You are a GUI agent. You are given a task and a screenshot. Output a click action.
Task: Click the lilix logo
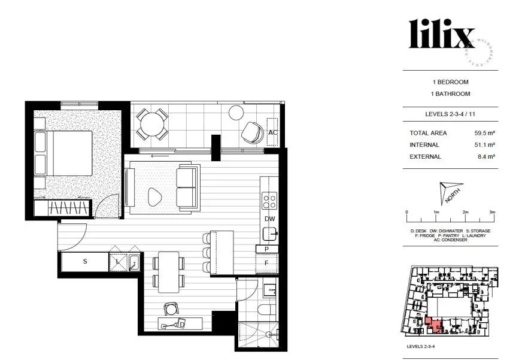[x=442, y=34]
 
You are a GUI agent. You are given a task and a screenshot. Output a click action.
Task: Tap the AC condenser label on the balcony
[x=273, y=132]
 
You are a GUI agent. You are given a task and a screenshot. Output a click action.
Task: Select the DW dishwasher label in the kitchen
[x=270, y=219]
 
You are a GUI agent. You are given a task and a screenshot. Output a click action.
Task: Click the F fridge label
[x=266, y=262]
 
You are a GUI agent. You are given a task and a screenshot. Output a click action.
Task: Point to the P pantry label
[x=266, y=249]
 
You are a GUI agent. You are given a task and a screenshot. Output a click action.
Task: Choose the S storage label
[x=85, y=262]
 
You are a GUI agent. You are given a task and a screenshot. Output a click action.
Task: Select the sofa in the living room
[x=189, y=187]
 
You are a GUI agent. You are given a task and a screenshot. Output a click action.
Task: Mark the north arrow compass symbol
[x=450, y=192]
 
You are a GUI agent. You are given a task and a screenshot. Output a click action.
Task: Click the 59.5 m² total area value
[x=484, y=133]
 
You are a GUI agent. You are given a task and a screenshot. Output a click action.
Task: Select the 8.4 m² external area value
[x=485, y=157]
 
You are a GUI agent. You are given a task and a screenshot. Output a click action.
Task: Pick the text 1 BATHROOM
[x=450, y=94]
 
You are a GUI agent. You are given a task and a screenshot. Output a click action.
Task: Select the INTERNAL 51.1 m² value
[x=484, y=145]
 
